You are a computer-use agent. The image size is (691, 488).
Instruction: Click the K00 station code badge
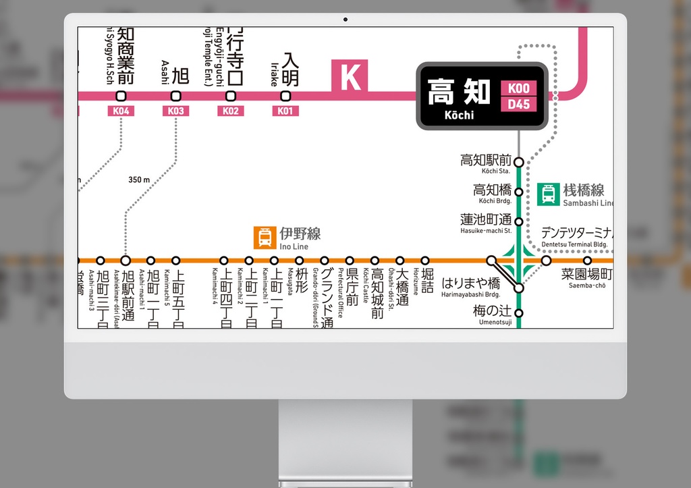tap(518, 88)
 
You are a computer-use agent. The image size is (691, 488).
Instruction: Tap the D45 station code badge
tap(518, 105)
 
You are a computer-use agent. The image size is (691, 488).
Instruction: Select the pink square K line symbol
tap(350, 76)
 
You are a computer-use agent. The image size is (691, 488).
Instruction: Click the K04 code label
tap(121, 111)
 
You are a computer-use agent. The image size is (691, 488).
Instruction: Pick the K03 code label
tap(176, 111)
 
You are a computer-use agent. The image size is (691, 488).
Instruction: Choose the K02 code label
tap(231, 111)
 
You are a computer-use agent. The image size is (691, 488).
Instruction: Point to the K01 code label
tap(285, 111)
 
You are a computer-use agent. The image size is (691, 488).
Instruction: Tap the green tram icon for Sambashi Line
tap(549, 194)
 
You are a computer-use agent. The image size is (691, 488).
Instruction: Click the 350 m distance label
tap(139, 180)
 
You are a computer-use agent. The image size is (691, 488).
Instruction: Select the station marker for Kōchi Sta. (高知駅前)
tap(518, 162)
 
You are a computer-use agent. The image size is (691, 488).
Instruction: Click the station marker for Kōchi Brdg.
tap(518, 192)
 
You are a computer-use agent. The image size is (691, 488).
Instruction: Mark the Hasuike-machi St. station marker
tap(518, 221)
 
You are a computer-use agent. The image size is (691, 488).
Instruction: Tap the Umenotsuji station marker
tap(518, 313)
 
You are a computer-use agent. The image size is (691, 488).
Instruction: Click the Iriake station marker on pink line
tap(285, 95)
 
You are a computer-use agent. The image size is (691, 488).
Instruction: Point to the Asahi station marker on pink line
tap(176, 95)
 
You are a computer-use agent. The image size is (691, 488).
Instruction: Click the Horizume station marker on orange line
tap(425, 260)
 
